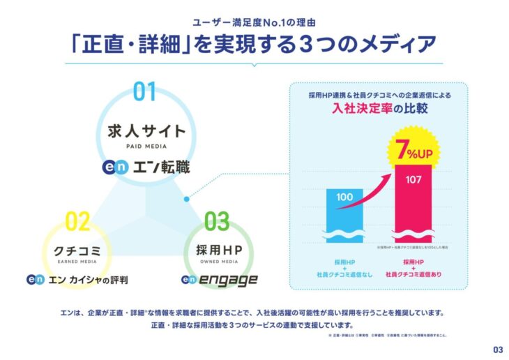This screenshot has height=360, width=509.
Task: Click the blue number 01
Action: pos(146,92)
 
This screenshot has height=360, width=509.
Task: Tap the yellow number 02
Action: pos(78,222)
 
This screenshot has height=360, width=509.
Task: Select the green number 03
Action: pos(217,222)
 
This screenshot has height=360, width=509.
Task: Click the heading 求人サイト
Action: pos(146,130)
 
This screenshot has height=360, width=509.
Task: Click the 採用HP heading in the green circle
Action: pos(216,250)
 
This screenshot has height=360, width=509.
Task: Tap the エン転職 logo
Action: pos(145,167)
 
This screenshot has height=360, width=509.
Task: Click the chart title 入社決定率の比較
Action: pos(379,109)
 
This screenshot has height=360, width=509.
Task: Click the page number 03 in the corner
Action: pos(497,350)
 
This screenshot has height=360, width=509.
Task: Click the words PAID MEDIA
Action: pos(146,146)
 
